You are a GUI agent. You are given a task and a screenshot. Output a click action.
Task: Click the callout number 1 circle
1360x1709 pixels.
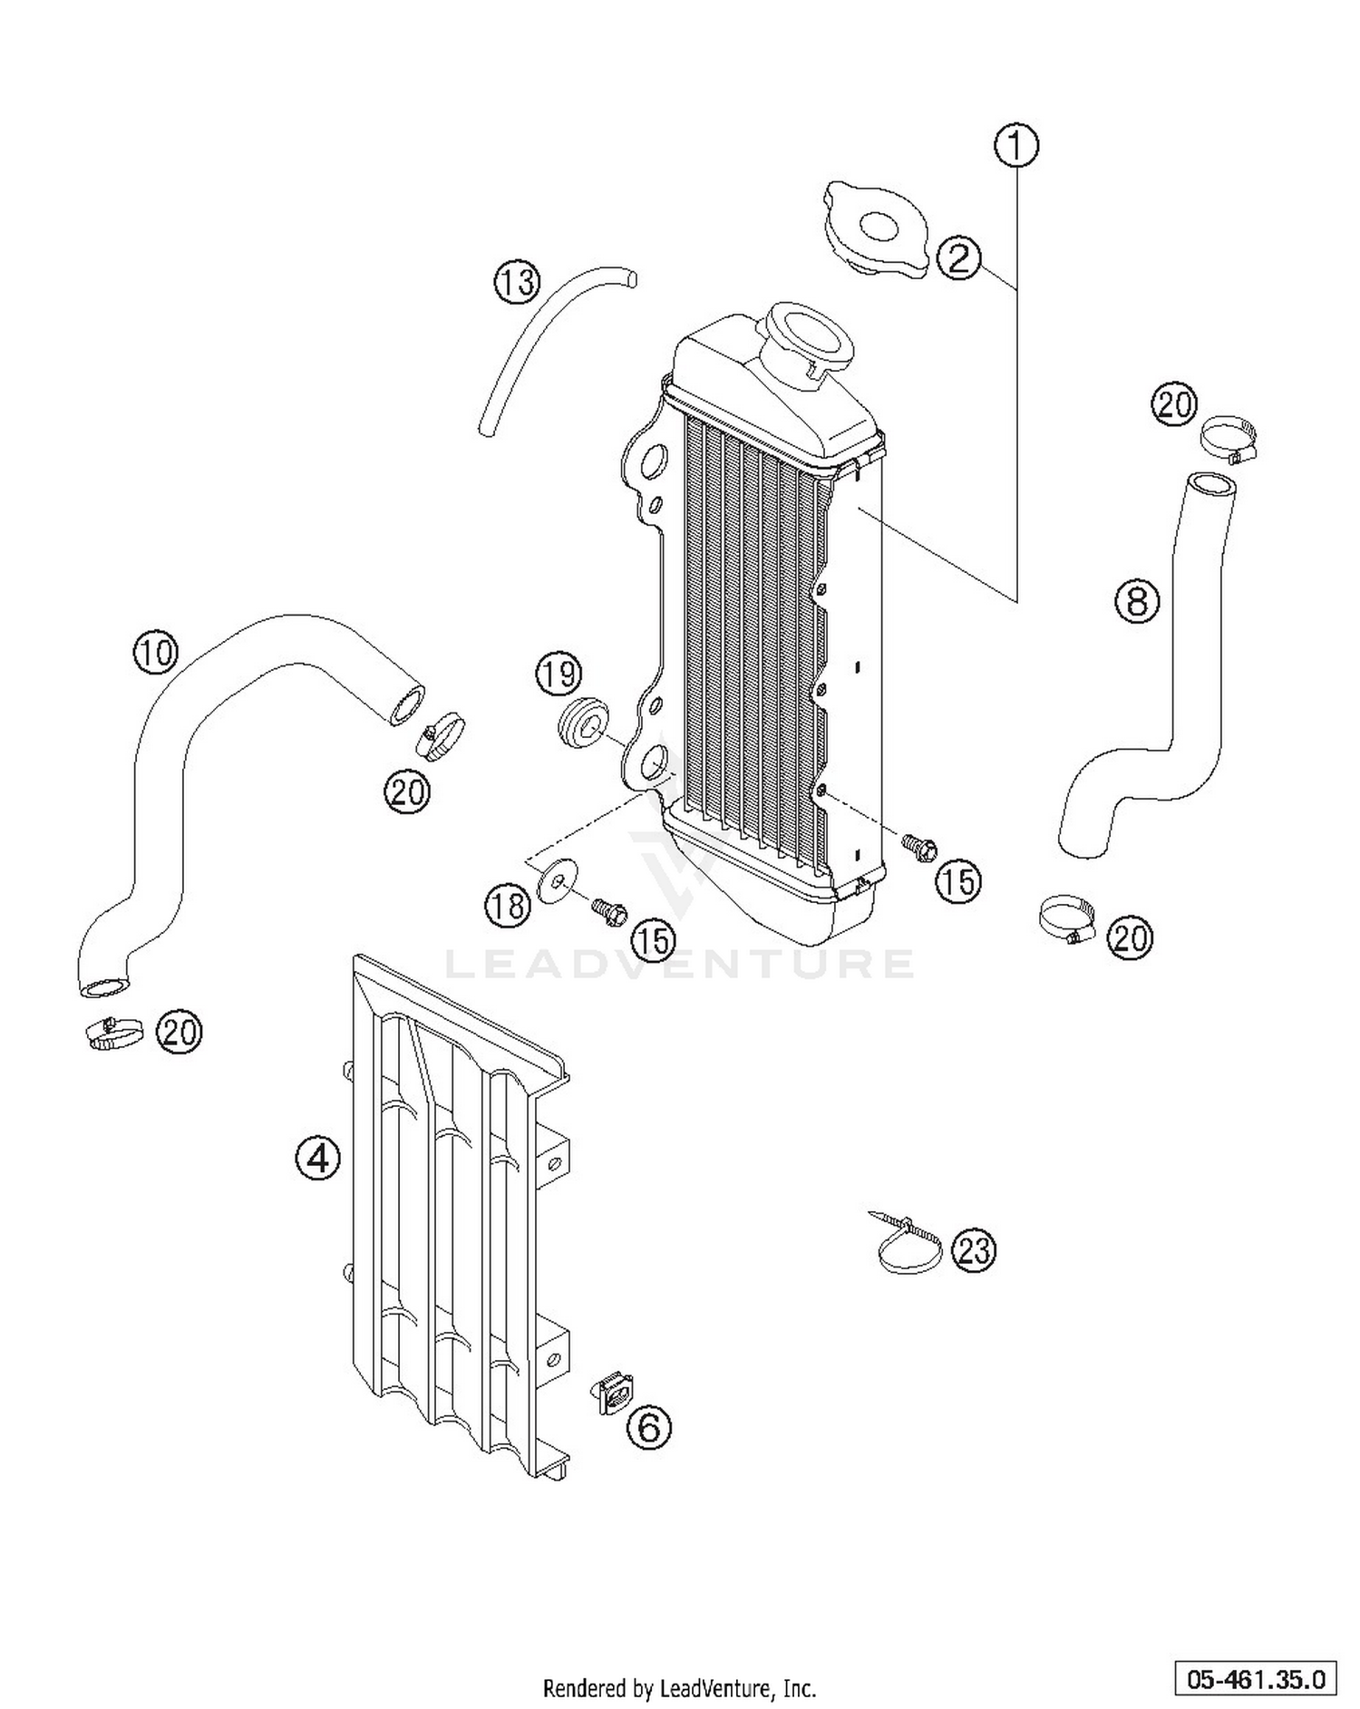click(x=1016, y=146)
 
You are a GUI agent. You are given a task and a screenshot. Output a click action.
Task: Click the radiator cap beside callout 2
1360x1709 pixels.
click(x=874, y=230)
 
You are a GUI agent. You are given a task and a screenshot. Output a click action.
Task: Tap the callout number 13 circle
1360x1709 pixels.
click(x=517, y=282)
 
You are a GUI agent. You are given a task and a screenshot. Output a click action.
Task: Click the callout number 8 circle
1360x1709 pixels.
click(x=1138, y=600)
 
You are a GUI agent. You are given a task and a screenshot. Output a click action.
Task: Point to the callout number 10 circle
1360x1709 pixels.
click(x=156, y=651)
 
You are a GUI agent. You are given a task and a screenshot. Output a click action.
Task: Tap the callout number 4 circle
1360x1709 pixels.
click(x=317, y=1158)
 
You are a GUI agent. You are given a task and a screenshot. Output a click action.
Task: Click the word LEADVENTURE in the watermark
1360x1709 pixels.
click(x=680, y=963)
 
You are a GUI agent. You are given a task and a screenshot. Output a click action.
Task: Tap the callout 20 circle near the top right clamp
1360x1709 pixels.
click(x=1175, y=403)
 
